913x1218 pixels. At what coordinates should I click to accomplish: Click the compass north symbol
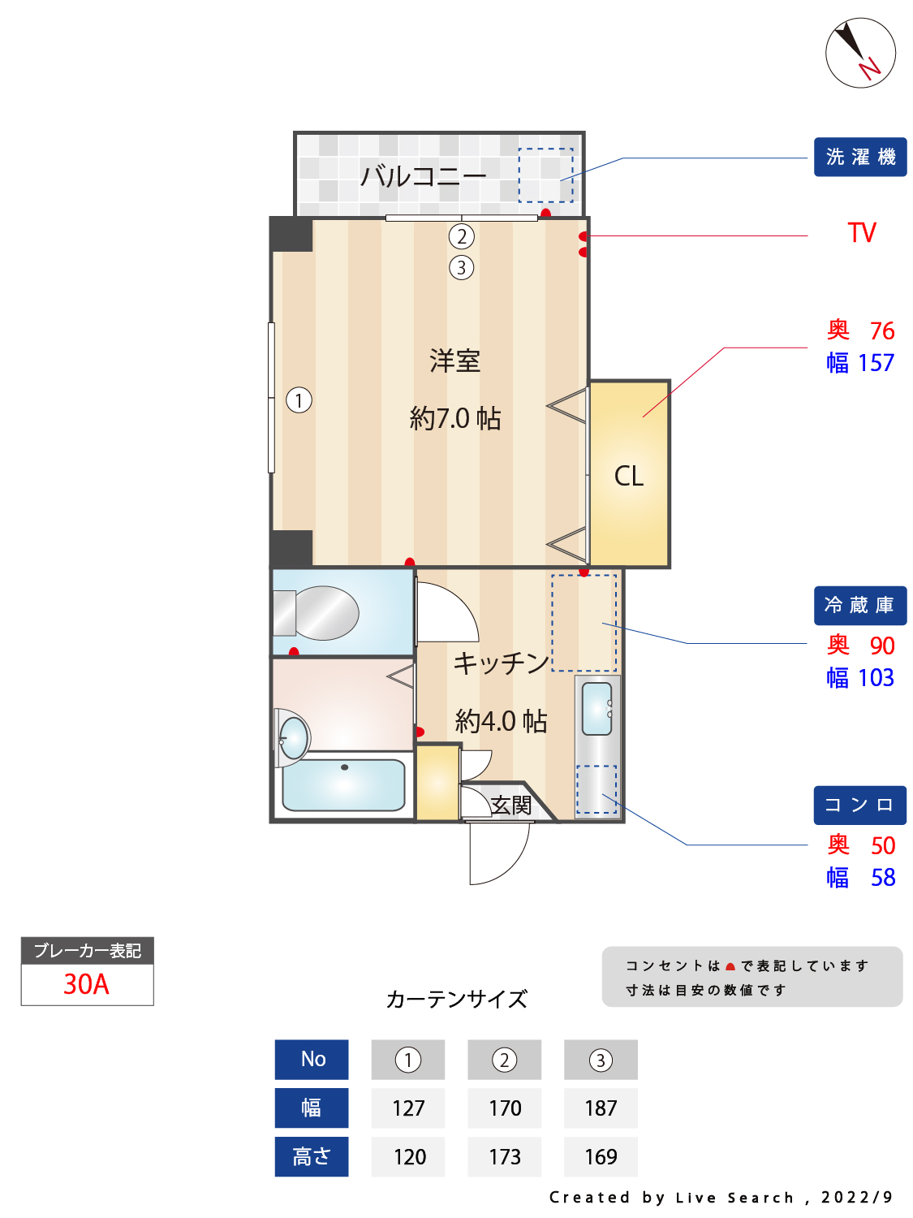click(x=860, y=53)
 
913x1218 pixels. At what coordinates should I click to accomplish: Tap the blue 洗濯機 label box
click(x=860, y=157)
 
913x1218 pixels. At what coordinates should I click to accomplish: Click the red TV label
click(x=862, y=233)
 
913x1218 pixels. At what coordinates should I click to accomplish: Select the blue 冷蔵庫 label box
click(x=860, y=606)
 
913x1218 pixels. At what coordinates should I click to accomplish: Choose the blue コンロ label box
click(x=860, y=805)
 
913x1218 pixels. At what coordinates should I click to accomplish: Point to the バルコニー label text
click(x=423, y=176)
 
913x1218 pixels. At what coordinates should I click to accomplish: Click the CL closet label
click(x=629, y=476)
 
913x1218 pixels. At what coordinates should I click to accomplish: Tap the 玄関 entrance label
click(x=511, y=805)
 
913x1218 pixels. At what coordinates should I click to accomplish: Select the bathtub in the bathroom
click(x=343, y=784)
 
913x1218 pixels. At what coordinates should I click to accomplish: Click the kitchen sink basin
click(x=596, y=708)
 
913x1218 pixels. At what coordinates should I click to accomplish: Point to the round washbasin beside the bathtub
click(x=293, y=737)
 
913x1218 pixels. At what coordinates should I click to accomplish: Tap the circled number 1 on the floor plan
click(x=299, y=400)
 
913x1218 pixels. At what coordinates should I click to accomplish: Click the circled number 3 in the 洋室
click(x=461, y=267)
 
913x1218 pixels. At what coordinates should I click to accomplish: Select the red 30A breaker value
click(x=86, y=984)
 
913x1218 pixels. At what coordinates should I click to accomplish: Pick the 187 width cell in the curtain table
click(x=601, y=1108)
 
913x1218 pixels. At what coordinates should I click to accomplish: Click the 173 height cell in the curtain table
click(x=504, y=1157)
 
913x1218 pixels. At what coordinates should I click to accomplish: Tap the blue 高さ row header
click(x=312, y=1157)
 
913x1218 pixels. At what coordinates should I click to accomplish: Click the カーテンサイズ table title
click(x=456, y=999)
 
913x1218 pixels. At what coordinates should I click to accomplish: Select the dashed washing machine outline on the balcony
click(x=545, y=175)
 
